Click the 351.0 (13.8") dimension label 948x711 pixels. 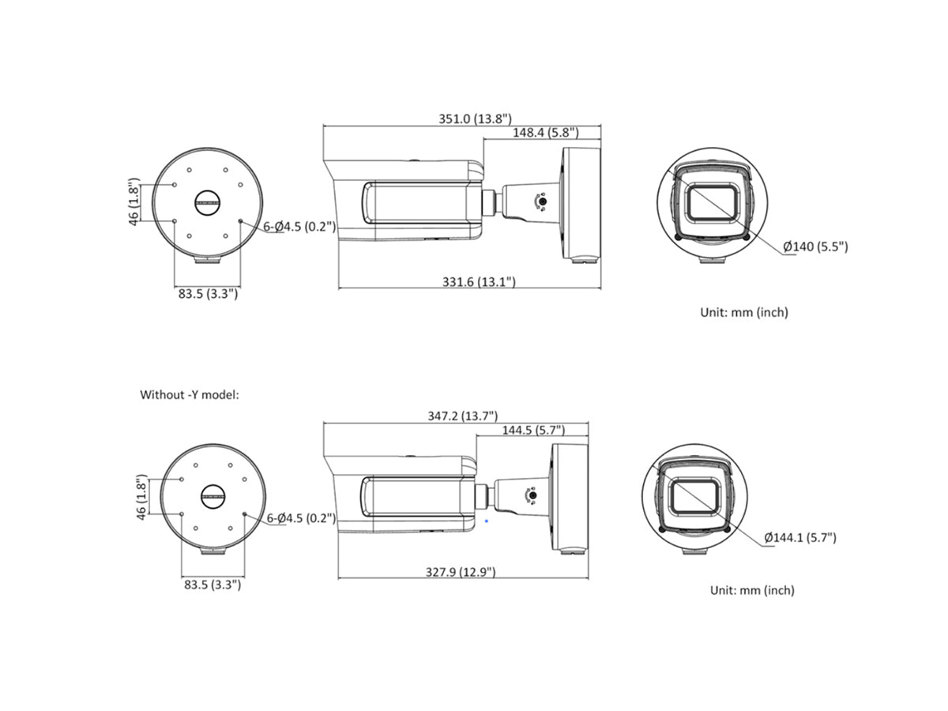(475, 118)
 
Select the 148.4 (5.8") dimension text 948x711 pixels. (545, 133)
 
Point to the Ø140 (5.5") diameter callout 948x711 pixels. (815, 247)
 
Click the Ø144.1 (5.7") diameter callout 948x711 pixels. (799, 538)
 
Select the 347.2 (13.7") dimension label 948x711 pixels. (462, 416)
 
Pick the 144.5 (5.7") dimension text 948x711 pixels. (533, 431)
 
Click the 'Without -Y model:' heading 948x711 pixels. (189, 393)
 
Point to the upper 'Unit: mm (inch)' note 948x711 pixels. (743, 312)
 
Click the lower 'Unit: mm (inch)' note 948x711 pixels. (751, 590)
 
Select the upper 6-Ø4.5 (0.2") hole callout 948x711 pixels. (299, 227)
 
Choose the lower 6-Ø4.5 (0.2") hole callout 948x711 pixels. (301, 518)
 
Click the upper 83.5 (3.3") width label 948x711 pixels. (208, 294)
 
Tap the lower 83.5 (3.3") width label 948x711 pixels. (213, 585)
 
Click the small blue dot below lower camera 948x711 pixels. (487, 521)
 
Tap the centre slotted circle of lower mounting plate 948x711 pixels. (213, 495)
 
